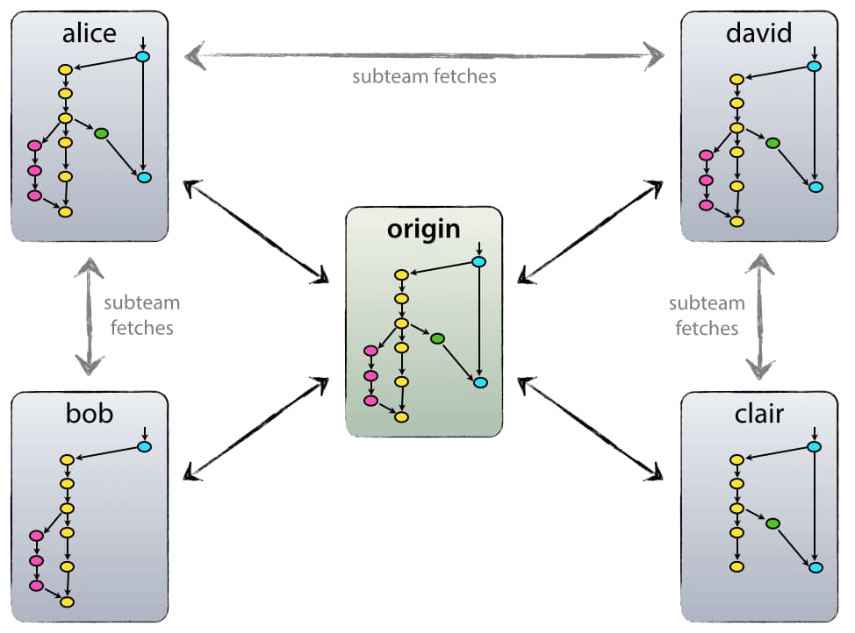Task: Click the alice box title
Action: (x=89, y=33)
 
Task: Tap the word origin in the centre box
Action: (x=423, y=230)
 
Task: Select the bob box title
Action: (x=89, y=414)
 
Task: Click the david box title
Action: (x=759, y=33)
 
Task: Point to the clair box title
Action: (x=759, y=414)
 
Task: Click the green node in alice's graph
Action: (x=101, y=133)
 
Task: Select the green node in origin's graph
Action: (x=437, y=338)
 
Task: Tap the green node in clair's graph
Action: (x=772, y=523)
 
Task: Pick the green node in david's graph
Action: (x=772, y=143)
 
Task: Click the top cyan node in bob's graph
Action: (x=145, y=447)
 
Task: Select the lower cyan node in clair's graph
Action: (x=815, y=568)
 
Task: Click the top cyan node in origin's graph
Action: (x=479, y=262)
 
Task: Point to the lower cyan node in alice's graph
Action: (x=144, y=177)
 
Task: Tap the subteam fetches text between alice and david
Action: (x=424, y=76)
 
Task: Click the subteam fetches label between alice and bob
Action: (x=140, y=315)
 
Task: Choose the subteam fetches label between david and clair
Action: (x=707, y=316)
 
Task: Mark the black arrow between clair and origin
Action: (x=590, y=428)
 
